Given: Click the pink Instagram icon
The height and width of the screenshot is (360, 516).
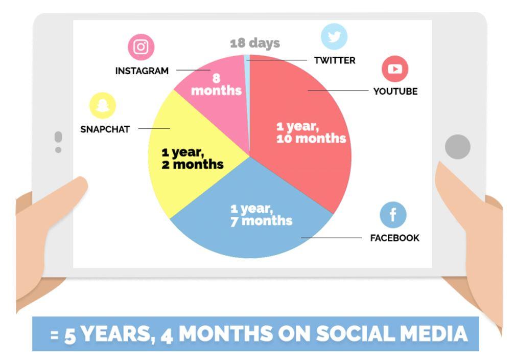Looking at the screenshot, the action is pyautogui.click(x=141, y=47).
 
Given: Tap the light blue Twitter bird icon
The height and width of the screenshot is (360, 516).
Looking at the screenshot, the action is pyautogui.click(x=334, y=36).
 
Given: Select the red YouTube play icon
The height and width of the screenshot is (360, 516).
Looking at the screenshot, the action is pyautogui.click(x=395, y=69).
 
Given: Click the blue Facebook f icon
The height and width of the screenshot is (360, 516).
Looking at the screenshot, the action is pyautogui.click(x=393, y=215).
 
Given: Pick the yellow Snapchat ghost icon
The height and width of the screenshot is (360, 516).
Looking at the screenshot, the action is pyautogui.click(x=102, y=105).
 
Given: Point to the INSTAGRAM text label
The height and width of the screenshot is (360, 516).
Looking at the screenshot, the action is pyautogui.click(x=142, y=71).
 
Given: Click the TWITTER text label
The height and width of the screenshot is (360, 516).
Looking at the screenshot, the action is pyautogui.click(x=335, y=60).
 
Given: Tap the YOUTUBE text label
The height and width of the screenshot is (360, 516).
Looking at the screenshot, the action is pyautogui.click(x=395, y=91).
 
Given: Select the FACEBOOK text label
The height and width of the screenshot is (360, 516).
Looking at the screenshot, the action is pyautogui.click(x=394, y=238).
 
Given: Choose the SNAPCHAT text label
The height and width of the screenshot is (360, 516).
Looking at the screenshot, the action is pyautogui.click(x=105, y=129).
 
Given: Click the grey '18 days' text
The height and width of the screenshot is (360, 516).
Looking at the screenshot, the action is pyautogui.click(x=255, y=43).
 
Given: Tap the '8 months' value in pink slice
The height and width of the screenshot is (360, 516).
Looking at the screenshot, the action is pyautogui.click(x=216, y=84).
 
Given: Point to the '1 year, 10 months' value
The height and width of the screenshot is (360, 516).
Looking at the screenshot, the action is pyautogui.click(x=311, y=132).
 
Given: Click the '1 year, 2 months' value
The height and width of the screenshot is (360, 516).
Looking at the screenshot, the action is pyautogui.click(x=193, y=158).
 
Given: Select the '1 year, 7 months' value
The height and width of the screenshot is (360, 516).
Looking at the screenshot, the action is pyautogui.click(x=261, y=215).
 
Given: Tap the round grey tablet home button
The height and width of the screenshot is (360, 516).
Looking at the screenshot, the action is pyautogui.click(x=457, y=147).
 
